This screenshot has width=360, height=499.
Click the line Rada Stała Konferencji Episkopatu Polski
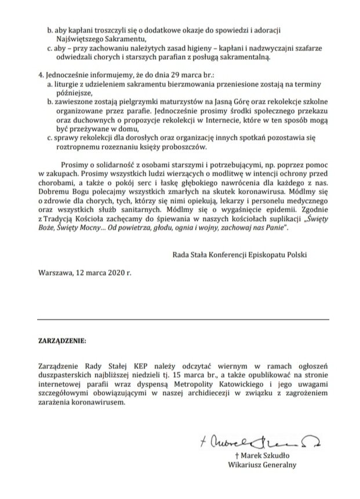[x=239, y=254]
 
